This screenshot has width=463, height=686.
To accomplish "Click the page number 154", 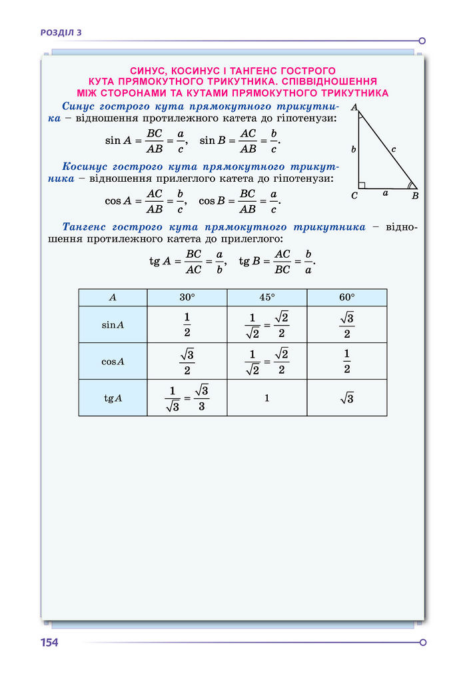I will pyautogui.click(x=49, y=643).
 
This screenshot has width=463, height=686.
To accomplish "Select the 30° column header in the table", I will pyautogui.click(x=187, y=298).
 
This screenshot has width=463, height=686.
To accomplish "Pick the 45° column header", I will pyautogui.click(x=266, y=298).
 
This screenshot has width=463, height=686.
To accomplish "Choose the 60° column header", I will pyautogui.click(x=346, y=298).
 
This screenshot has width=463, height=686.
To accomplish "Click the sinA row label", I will pyautogui.click(x=113, y=325).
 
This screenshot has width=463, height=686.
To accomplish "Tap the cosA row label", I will pyautogui.click(x=113, y=362).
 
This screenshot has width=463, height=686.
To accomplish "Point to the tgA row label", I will pyautogui.click(x=113, y=398).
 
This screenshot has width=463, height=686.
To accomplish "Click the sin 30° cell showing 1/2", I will pyautogui.click(x=187, y=325).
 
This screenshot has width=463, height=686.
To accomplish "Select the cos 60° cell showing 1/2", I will pyautogui.click(x=346, y=362).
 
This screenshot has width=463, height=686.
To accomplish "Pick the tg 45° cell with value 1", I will pyautogui.click(x=266, y=398).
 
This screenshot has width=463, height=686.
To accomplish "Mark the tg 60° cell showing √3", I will pyautogui.click(x=346, y=398).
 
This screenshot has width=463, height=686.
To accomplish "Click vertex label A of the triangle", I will pyautogui.click(x=354, y=107).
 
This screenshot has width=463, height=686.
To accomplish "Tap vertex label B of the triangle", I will pyautogui.click(x=415, y=196).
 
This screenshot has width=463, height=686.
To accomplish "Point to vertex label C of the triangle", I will pyautogui.click(x=354, y=196).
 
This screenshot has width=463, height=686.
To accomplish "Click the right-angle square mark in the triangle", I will pyautogui.click(x=362, y=185).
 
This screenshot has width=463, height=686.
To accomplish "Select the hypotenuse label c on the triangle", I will pyautogui.click(x=394, y=149).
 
